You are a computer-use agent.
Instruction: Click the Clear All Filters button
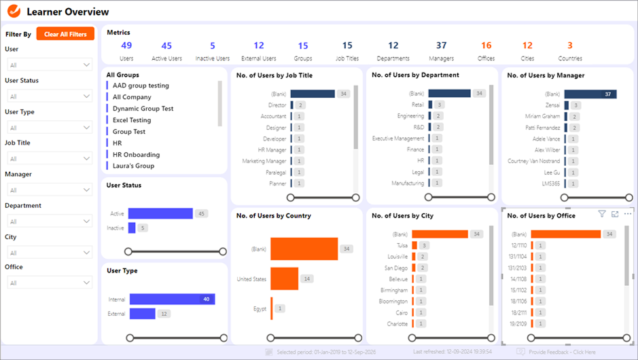pyautogui.click(x=65, y=34)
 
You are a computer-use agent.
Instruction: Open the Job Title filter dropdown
pyautogui.click(x=49, y=159)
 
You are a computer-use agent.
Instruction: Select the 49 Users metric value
pyautogui.click(x=126, y=46)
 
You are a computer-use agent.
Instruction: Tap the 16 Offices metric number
pyautogui.click(x=486, y=46)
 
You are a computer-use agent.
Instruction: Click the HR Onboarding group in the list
pyautogui.click(x=136, y=154)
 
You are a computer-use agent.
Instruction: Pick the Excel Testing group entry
pyautogui.click(x=132, y=120)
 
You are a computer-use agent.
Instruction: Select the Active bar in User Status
pyautogui.click(x=160, y=214)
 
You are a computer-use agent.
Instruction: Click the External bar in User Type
pyautogui.click(x=143, y=314)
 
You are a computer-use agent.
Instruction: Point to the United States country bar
pyautogui.click(x=285, y=278)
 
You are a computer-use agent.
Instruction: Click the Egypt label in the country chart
pyautogui.click(x=260, y=308)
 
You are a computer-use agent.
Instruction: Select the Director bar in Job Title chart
pyautogui.click(x=292, y=105)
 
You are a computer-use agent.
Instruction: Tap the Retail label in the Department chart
pyautogui.click(x=417, y=105)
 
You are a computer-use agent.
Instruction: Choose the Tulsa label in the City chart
pyautogui.click(x=402, y=245)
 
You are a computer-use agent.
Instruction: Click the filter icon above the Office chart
pyautogui.click(x=602, y=214)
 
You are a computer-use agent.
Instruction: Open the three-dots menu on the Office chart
pyautogui.click(x=628, y=214)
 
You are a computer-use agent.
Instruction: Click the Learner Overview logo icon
pyautogui.click(x=14, y=12)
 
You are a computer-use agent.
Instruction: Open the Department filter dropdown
pyautogui.click(x=49, y=221)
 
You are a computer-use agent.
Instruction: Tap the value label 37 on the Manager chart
pyautogui.click(x=608, y=94)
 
